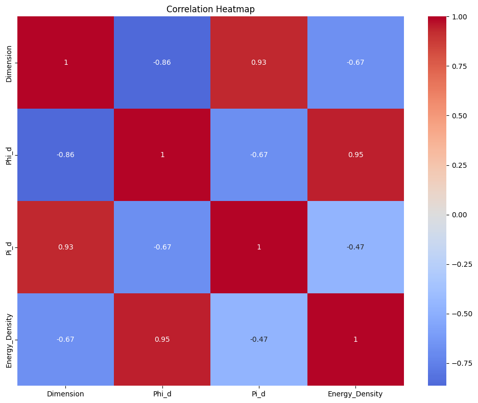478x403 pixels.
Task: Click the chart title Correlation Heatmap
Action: tap(210, 9)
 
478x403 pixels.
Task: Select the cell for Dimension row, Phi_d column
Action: tap(162, 62)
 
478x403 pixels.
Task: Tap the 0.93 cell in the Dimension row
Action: tap(259, 62)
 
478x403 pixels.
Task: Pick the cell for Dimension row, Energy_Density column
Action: tap(355, 62)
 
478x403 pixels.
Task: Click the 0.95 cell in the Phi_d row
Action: tap(355, 155)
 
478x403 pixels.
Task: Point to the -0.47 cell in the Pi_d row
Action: tap(355, 247)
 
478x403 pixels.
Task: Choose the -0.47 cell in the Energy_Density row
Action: tap(259, 339)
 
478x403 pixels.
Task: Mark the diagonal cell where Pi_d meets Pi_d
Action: tap(259, 247)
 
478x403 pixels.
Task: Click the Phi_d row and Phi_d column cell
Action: tap(162, 155)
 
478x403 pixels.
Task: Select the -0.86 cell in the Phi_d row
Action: tap(66, 155)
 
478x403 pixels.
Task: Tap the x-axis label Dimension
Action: tap(66, 394)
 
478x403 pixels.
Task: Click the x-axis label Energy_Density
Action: tap(355, 394)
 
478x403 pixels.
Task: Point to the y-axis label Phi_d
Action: tap(9, 155)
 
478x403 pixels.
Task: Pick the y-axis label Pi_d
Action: tap(9, 247)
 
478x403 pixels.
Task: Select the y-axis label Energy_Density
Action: tap(9, 339)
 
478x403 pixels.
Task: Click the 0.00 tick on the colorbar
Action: tap(460, 215)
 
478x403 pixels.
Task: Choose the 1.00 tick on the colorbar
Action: tap(460, 17)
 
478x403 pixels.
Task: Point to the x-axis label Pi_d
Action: tap(259, 394)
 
